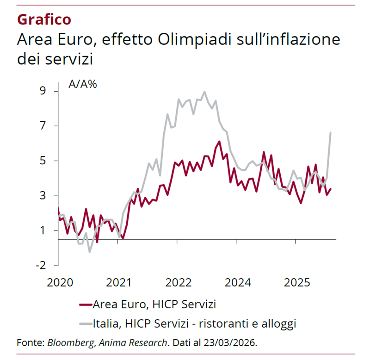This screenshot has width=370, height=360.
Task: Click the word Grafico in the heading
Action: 44,19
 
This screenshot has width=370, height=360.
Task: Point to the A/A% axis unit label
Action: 83,85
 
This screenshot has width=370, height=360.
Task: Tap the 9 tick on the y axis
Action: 43,91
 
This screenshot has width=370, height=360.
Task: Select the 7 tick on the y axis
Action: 43,126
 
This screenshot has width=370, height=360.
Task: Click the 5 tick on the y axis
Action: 43,161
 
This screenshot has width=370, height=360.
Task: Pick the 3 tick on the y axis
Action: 43,196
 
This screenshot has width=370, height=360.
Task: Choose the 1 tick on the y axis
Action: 43,230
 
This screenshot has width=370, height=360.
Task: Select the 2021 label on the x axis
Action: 118,282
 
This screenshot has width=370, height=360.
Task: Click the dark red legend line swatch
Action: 86,304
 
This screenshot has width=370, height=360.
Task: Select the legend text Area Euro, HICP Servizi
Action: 154,304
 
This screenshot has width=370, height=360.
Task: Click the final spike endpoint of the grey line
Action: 330,133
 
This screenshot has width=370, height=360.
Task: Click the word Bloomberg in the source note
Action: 69,343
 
